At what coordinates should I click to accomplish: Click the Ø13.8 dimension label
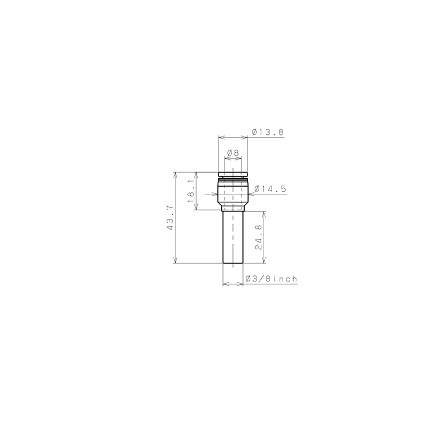267,132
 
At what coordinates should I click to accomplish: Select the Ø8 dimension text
233,153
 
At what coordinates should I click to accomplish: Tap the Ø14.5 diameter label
270,188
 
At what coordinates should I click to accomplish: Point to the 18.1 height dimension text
191,191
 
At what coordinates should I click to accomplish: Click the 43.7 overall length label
170,217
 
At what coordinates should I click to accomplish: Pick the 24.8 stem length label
259,237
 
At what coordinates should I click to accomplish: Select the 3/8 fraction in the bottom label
261,279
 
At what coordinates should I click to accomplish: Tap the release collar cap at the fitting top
233,174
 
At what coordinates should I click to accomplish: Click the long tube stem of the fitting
233,237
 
